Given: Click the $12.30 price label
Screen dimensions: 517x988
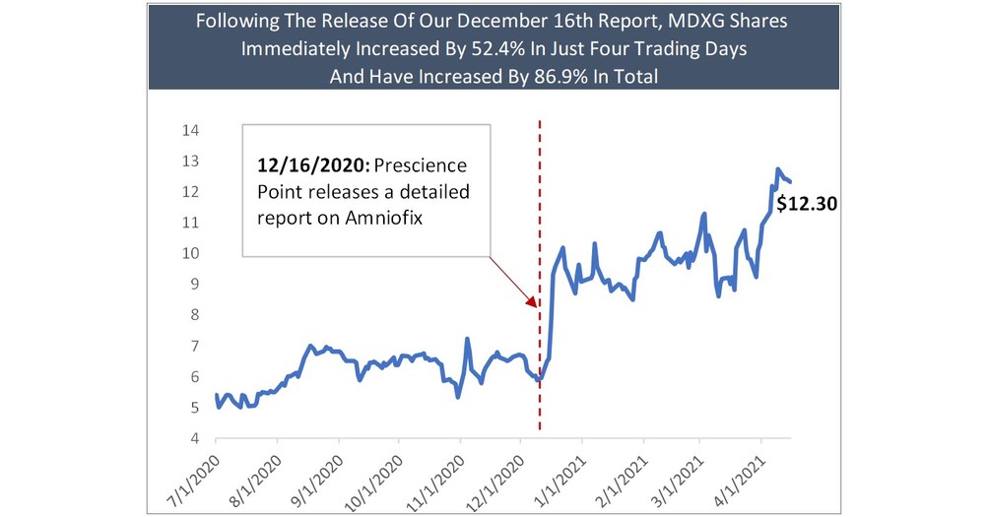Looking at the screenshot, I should [807, 205].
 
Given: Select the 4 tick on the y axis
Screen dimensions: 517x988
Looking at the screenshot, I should [196, 438].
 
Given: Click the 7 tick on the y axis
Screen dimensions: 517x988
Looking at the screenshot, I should [196, 346].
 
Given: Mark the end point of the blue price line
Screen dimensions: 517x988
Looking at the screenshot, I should [790, 181].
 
